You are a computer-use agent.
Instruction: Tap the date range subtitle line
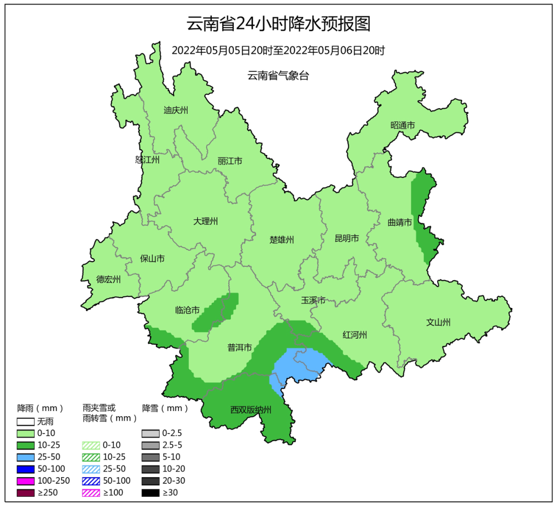pos(278,51)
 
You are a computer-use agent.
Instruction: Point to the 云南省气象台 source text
pos(278,76)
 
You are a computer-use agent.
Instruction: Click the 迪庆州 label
pos(176,110)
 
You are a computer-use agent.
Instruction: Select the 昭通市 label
pos(402,125)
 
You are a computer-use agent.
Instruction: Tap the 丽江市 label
pos(229,161)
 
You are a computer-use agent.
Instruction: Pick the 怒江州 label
pos(147,160)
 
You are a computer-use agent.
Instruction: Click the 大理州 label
pos(205,222)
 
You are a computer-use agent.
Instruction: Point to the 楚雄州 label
pos(282,240)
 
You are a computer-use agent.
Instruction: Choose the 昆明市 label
pos(347,238)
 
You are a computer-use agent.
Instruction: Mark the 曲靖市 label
pos(400,223)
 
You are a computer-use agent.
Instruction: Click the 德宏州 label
pos(108,280)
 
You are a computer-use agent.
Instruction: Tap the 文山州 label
pos(438,322)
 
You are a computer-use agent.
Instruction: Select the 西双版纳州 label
pos(250,410)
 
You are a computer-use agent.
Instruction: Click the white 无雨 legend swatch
pos(25,422)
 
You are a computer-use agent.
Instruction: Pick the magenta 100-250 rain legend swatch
pos(25,481)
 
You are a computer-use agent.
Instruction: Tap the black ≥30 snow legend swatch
pos(150,493)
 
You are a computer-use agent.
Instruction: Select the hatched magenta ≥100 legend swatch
pos(91,493)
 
